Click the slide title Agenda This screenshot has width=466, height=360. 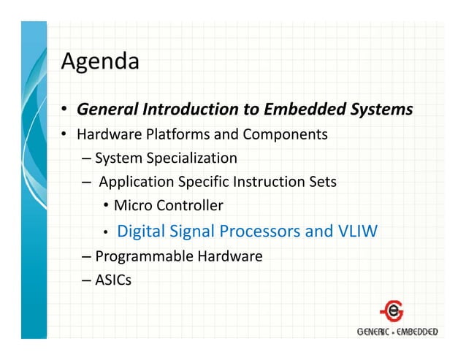point(99,61)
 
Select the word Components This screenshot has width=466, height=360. point(285,134)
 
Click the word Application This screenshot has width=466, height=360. point(133,182)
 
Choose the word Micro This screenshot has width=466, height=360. point(131,206)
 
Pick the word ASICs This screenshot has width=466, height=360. point(113,278)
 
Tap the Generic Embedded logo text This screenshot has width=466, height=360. point(397,332)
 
